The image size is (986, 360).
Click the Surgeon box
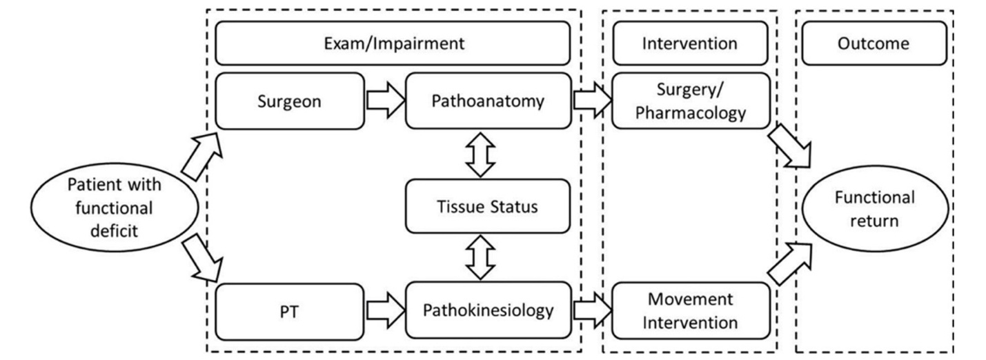[x=290, y=101]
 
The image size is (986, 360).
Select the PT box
[x=290, y=310]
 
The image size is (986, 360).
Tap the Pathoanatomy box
[x=488, y=101]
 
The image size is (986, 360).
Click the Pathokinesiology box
[x=488, y=310]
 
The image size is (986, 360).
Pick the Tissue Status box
[x=488, y=206]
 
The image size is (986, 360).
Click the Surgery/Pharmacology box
[x=689, y=101]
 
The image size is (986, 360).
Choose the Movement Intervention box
[x=689, y=310]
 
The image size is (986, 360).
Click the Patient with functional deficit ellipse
[x=115, y=207]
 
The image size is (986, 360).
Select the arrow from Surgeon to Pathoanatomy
[x=384, y=101]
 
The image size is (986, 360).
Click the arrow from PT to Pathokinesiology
[x=384, y=310]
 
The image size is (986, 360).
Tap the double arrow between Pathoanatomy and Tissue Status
[x=481, y=153]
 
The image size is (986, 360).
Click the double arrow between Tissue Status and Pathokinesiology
[x=481, y=257]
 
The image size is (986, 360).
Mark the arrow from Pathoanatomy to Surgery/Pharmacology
[x=591, y=101]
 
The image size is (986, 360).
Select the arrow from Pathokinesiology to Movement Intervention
[x=591, y=310]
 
